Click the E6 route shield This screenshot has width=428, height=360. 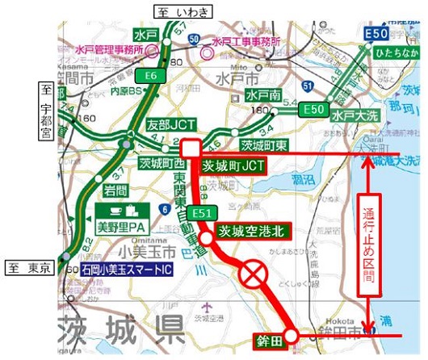(149, 76)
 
